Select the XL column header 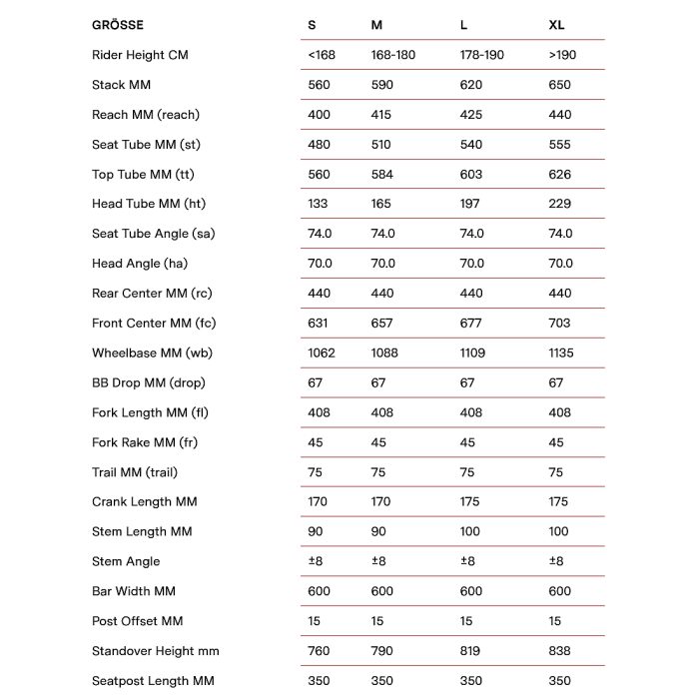pyautogui.click(x=557, y=25)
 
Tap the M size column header pyautogui.click(x=375, y=25)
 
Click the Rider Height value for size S pyautogui.click(x=322, y=55)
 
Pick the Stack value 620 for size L pyautogui.click(x=471, y=85)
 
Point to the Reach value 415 pyautogui.click(x=381, y=115)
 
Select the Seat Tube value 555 pyautogui.click(x=560, y=145)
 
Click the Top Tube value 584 pyautogui.click(x=381, y=175)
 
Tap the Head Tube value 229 pyautogui.click(x=560, y=204)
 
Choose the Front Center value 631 pyautogui.click(x=320, y=323)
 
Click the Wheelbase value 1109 pyautogui.click(x=474, y=352)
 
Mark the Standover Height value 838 pyautogui.click(x=560, y=651)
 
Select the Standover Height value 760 pyautogui.click(x=320, y=651)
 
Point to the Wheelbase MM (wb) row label pyautogui.click(x=152, y=352)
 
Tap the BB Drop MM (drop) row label pyautogui.click(x=149, y=382)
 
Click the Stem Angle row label pyautogui.click(x=126, y=561)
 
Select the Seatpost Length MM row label pyautogui.click(x=153, y=681)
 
